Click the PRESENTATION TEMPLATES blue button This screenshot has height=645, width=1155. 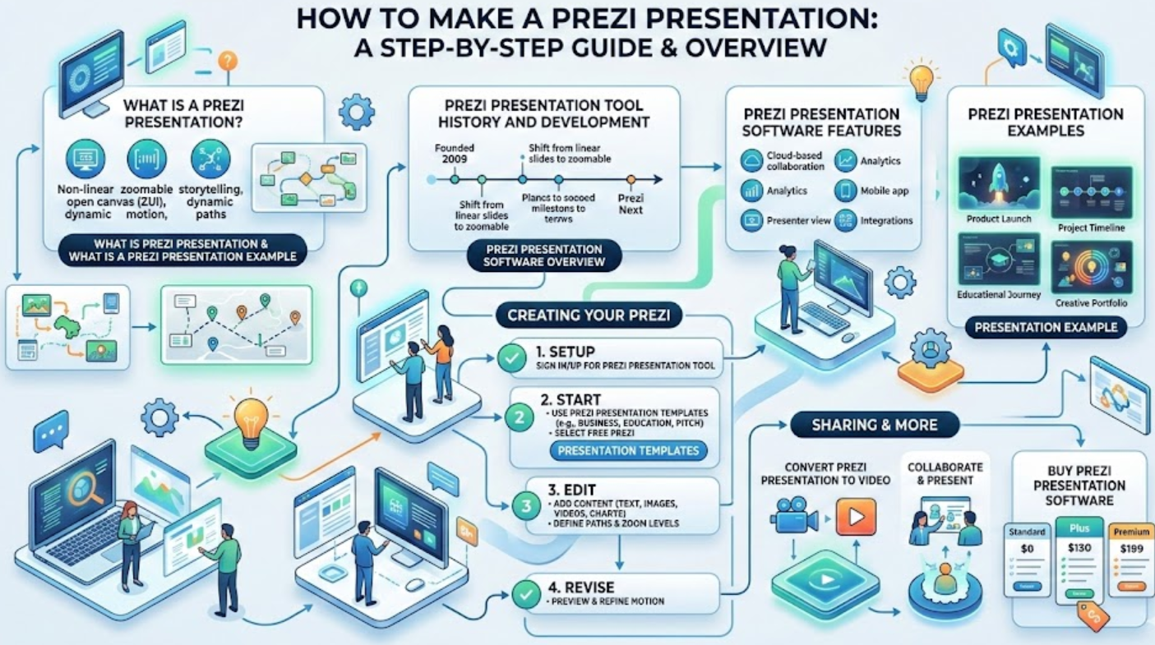click(x=628, y=450)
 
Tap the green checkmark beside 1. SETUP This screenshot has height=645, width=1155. click(x=512, y=357)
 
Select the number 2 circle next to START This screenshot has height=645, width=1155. click(x=519, y=417)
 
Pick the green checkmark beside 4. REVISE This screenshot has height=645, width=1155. click(x=525, y=594)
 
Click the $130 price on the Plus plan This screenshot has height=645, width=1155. click(x=1079, y=548)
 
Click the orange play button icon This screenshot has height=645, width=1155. click(x=856, y=517)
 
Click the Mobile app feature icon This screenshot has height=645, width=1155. click(x=846, y=191)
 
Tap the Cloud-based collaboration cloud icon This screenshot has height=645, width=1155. click(x=752, y=160)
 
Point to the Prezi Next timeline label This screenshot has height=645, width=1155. click(x=631, y=204)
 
